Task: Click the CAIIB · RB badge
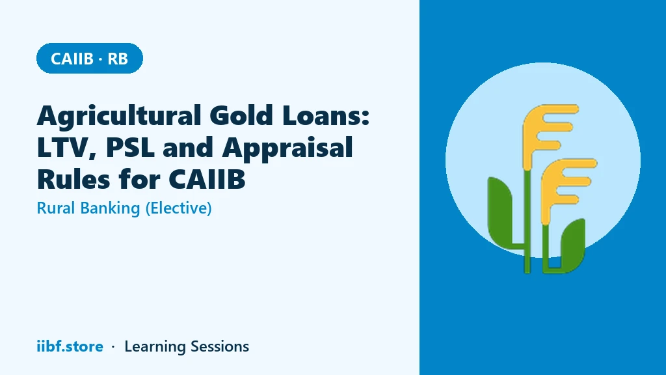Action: (x=90, y=58)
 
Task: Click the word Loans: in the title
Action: (x=326, y=115)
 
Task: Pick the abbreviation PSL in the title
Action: (x=130, y=147)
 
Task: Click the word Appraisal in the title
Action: (x=287, y=148)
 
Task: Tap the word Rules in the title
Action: (x=73, y=178)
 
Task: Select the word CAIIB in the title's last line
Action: (x=207, y=179)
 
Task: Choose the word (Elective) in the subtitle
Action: (x=178, y=208)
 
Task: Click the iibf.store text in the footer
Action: (x=70, y=346)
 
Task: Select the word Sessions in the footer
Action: (x=220, y=346)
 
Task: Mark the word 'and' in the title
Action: (x=188, y=147)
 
